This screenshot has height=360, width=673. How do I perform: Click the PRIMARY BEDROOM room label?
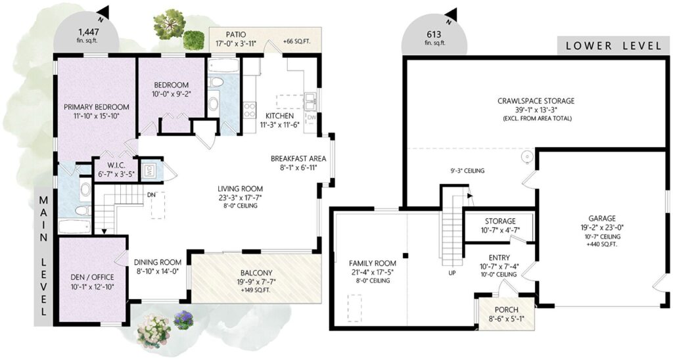coord(96,107)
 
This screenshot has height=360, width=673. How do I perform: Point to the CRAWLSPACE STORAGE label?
coord(536,101)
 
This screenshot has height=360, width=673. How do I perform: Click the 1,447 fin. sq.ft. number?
coord(88,32)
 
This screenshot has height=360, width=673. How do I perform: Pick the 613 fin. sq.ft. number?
coord(434,35)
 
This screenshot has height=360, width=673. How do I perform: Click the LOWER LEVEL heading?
coord(614,45)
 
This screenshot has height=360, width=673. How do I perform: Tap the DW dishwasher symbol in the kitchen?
coord(312,117)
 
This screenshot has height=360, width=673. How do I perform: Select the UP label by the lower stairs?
coord(452,273)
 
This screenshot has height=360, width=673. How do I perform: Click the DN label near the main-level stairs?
coord(151,195)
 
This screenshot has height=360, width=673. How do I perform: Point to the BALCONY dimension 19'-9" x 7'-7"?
coord(256,282)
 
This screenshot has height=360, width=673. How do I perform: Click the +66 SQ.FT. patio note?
coord(296,42)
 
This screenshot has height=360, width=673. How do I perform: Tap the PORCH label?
coord(507,310)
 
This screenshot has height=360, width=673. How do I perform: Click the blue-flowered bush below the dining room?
coord(183,320)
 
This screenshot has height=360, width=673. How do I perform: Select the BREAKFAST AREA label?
coord(298,158)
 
